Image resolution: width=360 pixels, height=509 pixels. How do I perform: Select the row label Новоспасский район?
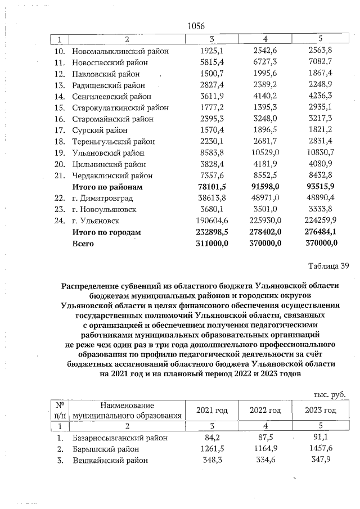105,62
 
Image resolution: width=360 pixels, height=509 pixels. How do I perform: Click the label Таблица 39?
328,266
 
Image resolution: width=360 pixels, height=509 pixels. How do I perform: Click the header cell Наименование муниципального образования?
123,410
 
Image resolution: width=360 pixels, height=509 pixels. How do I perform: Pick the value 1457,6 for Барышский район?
321,449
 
